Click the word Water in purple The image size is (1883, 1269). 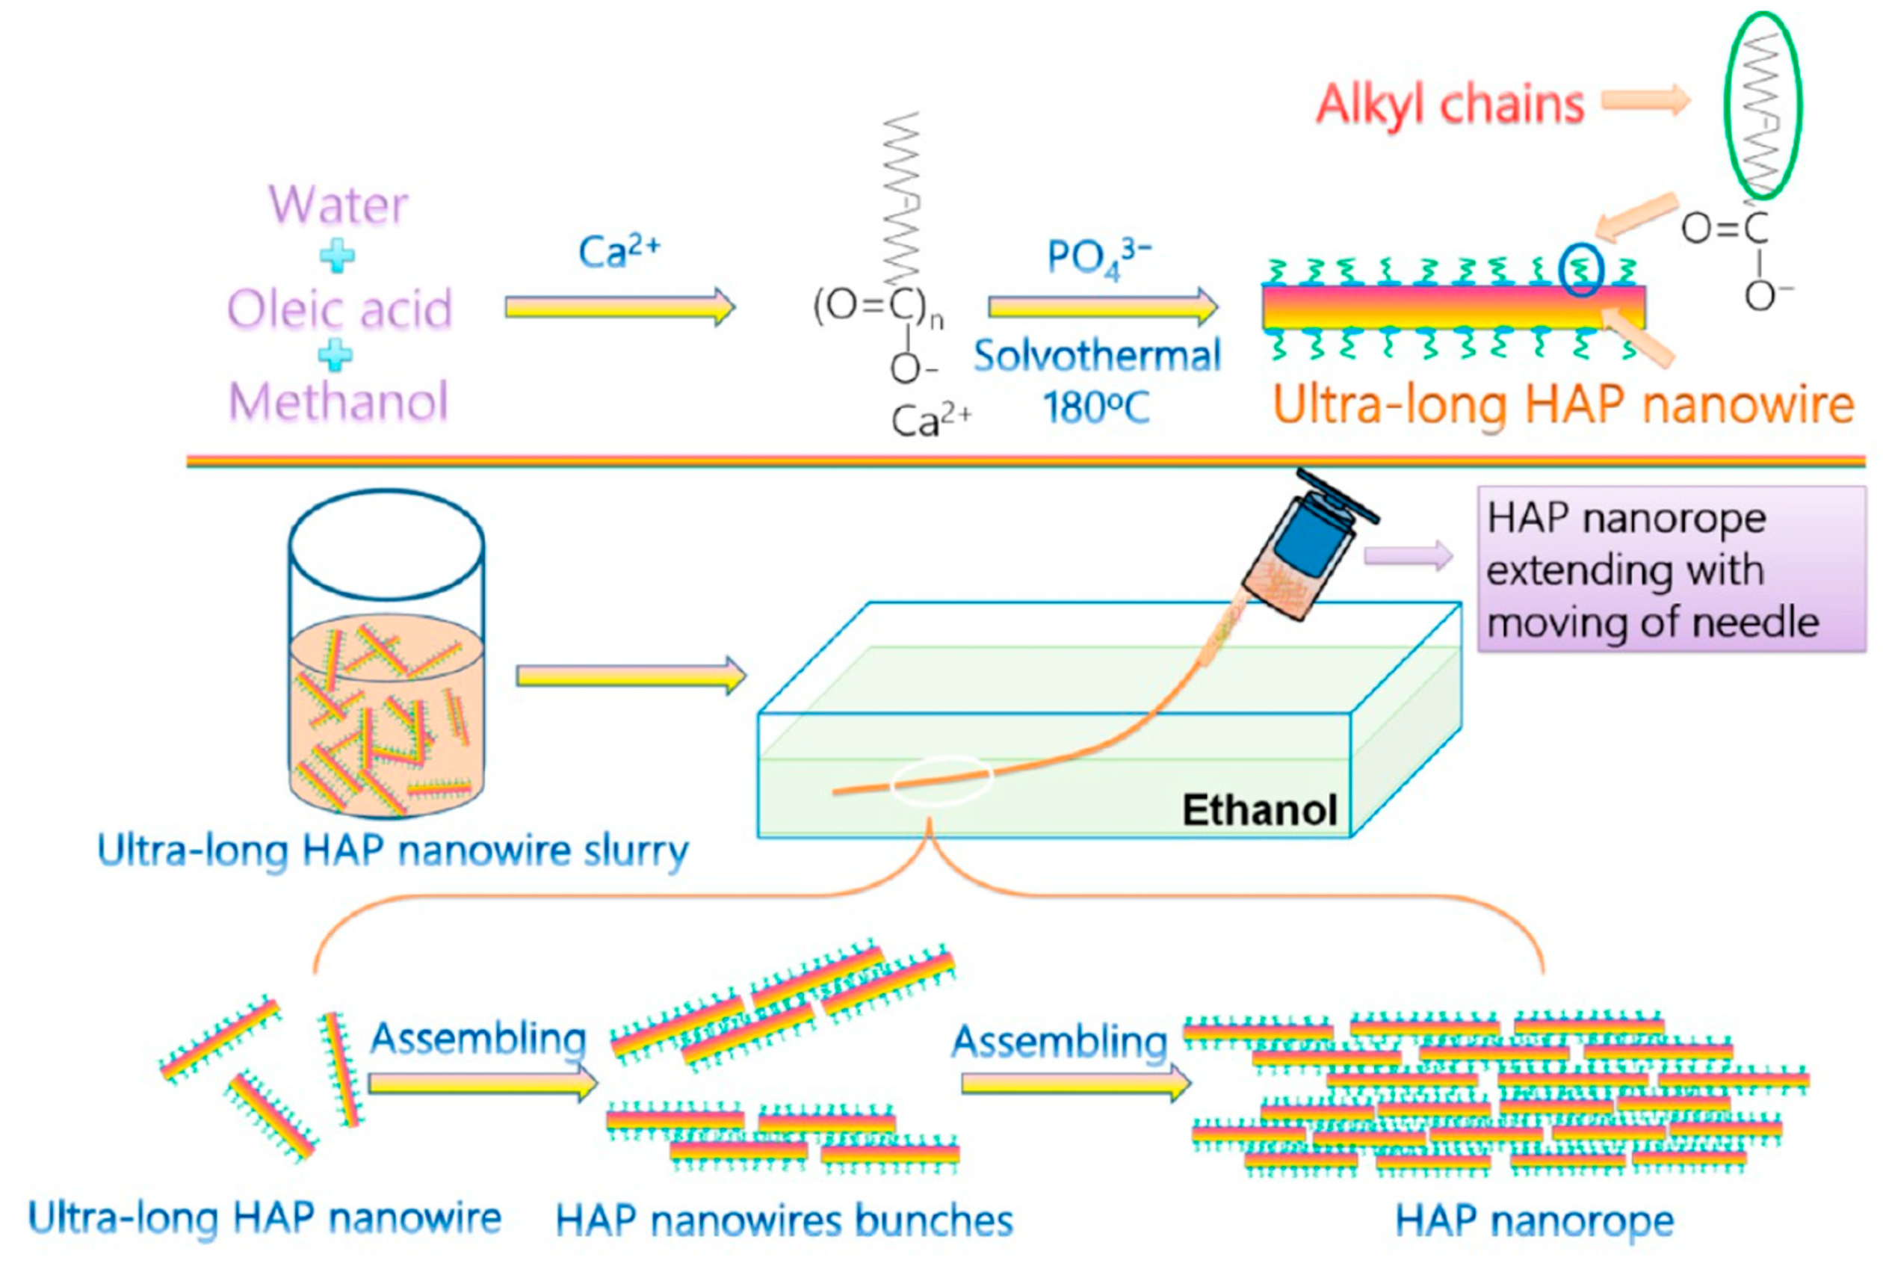point(338,206)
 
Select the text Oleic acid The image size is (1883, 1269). point(339,310)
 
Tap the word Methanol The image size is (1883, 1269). point(338,402)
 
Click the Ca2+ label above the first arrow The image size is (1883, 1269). point(619,252)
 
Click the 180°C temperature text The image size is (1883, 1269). point(1095,407)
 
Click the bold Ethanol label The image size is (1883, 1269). point(1259,810)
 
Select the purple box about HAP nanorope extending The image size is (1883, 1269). point(1671,569)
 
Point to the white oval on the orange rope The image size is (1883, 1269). point(941,780)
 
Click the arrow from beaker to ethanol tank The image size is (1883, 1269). point(631,675)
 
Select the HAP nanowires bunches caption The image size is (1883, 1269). point(784,1220)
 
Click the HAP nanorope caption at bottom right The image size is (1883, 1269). point(1534,1220)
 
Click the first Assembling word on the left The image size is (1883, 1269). point(477,1038)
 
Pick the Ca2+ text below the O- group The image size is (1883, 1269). point(930,421)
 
